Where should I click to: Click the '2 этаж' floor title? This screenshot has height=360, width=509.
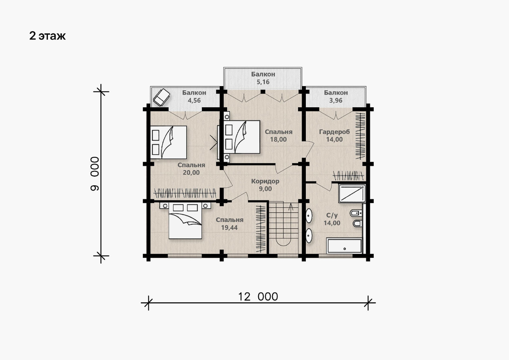48,36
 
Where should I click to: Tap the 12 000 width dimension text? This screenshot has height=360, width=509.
258,297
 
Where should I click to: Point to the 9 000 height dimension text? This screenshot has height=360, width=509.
95,174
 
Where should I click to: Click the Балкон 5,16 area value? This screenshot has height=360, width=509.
263,82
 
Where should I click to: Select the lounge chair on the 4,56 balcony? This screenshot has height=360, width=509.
161,97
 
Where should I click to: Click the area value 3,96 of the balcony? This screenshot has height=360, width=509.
336,100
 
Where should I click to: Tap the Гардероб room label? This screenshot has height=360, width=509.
335,132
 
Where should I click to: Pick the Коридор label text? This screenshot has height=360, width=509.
265,181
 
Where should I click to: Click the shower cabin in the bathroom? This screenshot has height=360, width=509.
352,193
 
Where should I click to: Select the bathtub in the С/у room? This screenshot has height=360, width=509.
344,246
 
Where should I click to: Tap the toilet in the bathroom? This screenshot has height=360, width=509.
356,213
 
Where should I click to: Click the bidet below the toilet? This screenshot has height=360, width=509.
358,224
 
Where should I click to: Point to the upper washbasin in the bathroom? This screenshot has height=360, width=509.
309,215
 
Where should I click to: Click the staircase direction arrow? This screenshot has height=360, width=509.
291,207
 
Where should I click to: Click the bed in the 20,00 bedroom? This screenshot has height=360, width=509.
169,142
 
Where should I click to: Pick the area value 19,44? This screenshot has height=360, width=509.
229,227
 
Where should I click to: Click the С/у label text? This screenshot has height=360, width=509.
332,215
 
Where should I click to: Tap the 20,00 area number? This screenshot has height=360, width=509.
191,173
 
